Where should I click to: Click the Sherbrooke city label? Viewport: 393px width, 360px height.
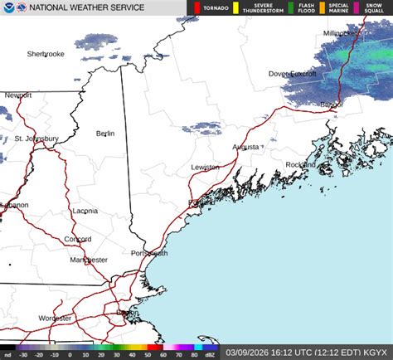[46, 54]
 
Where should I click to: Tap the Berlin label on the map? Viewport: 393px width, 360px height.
[104, 134]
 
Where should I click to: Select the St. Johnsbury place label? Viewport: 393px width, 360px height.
[36, 139]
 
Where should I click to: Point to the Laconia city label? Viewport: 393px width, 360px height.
[85, 211]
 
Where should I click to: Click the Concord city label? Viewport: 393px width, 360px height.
[78, 239]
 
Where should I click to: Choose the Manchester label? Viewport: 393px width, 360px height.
[89, 260]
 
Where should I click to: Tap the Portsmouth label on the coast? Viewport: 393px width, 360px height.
[149, 253]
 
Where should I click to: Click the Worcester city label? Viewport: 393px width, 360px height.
[56, 318]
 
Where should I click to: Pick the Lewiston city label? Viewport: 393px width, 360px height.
[205, 167]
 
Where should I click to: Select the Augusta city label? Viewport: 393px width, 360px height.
[245, 147]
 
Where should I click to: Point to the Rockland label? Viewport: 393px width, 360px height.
[301, 164]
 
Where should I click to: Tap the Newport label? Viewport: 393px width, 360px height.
[18, 95]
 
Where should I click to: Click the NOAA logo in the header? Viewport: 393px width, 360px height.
[8, 7]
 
